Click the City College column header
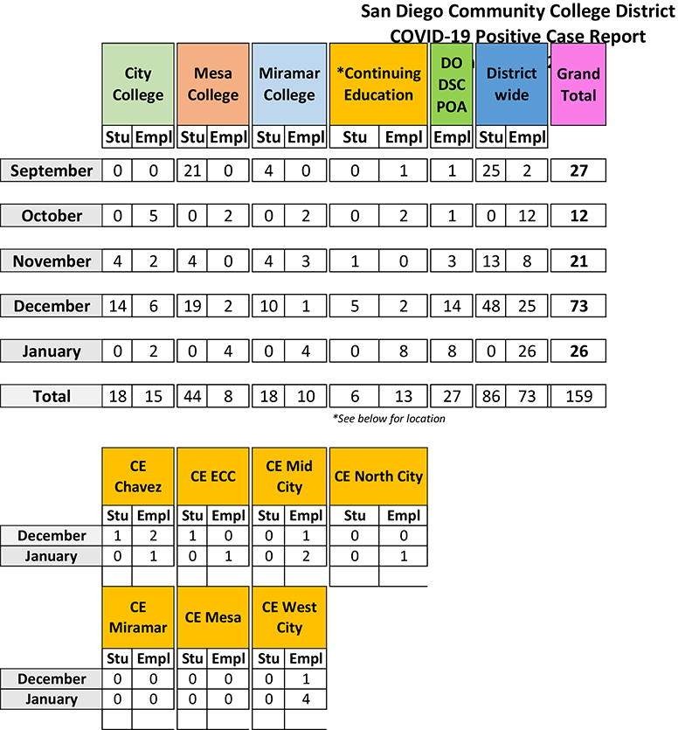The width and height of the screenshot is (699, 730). [x=138, y=84]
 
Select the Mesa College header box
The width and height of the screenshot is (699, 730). [x=213, y=84]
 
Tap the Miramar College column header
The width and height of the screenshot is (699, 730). [x=289, y=84]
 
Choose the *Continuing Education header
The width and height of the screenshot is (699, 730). [x=378, y=84]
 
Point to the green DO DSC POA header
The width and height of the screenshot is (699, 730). [x=452, y=84]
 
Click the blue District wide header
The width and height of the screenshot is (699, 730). [x=512, y=84]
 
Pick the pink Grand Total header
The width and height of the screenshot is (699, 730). [x=578, y=84]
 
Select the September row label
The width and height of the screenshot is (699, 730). [x=52, y=170]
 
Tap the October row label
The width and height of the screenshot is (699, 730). [x=52, y=216]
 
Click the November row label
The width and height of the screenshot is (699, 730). [x=52, y=261]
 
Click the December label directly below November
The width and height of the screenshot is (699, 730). [x=52, y=306]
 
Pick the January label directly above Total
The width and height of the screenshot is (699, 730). [x=52, y=351]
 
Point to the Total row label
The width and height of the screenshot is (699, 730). [x=52, y=396]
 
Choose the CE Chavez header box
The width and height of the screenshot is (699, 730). [x=138, y=476]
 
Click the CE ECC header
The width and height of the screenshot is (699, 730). [x=213, y=476]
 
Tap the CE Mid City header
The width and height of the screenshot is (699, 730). [x=289, y=476]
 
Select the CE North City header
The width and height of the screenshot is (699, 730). [x=378, y=476]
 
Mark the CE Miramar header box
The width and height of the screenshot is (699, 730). [x=138, y=617]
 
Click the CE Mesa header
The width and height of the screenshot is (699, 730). [x=213, y=617]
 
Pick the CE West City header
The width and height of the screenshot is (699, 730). [x=289, y=617]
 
